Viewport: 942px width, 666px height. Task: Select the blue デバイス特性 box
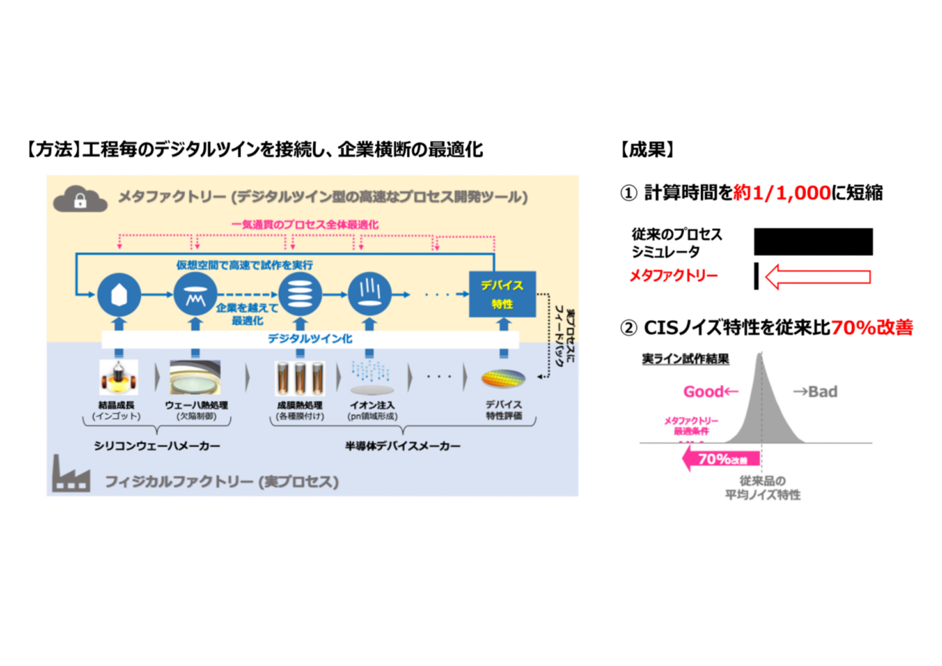click(502, 294)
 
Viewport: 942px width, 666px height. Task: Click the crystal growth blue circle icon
click(119, 294)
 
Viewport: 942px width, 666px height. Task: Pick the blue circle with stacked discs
click(300, 294)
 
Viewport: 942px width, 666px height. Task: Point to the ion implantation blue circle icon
click(369, 294)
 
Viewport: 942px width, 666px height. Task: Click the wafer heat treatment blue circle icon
click(195, 294)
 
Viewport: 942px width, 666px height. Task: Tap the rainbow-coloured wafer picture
click(503, 379)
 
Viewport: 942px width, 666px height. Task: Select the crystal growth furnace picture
click(119, 377)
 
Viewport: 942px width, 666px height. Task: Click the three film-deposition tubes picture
click(300, 378)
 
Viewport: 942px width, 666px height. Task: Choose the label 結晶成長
click(117, 405)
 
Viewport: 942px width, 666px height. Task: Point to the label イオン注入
click(372, 405)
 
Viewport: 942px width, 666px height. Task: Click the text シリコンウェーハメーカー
click(157, 446)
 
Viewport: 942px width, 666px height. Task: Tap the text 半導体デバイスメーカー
click(403, 446)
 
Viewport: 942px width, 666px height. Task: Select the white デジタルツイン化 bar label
click(310, 339)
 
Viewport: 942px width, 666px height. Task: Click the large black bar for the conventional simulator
click(813, 242)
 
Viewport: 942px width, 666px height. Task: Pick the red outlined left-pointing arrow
click(817, 277)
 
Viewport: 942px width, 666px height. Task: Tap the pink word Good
click(704, 392)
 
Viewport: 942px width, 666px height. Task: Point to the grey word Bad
click(823, 392)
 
